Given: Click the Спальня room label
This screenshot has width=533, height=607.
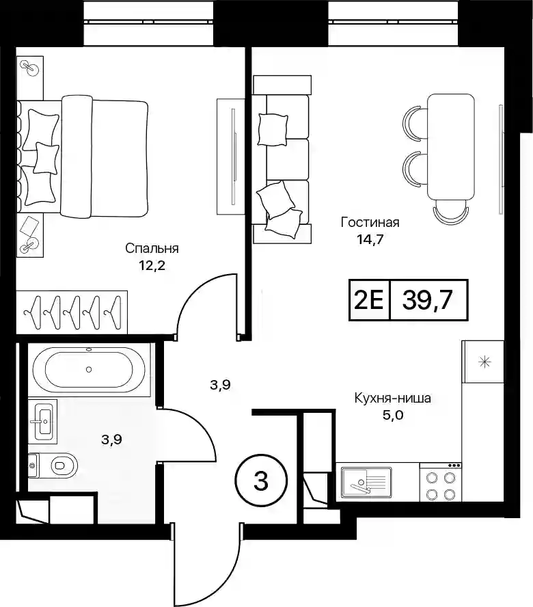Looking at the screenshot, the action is [152, 248].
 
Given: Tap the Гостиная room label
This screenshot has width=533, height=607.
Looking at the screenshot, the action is [370, 222].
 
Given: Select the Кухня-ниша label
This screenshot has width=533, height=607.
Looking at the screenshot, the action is [392, 398].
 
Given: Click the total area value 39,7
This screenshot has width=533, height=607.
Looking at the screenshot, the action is [427, 300].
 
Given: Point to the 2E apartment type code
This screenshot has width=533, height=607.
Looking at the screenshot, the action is [368, 300].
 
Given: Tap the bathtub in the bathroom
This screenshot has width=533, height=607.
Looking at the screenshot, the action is [89, 369].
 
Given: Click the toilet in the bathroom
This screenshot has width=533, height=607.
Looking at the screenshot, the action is [53, 466].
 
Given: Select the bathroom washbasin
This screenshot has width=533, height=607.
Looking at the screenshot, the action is [42, 421].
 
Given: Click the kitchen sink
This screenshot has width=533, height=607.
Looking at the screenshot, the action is [366, 482].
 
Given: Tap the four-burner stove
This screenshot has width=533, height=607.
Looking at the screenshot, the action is [441, 482].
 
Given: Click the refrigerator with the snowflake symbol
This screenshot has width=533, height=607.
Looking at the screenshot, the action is [483, 362].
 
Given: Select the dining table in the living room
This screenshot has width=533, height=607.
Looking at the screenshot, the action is [451, 147].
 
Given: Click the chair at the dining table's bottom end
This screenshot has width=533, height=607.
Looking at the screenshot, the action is [451, 212].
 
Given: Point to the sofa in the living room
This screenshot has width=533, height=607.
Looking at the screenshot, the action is [282, 159].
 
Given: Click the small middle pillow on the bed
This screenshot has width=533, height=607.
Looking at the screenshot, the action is [46, 157].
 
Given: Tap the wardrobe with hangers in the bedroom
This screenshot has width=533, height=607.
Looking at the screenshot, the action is [72, 312].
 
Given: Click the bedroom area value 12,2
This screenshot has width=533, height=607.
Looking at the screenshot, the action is [152, 265].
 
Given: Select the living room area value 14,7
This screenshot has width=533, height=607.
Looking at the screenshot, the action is [370, 239].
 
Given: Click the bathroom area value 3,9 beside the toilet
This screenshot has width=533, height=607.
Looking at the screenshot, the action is [111, 440].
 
